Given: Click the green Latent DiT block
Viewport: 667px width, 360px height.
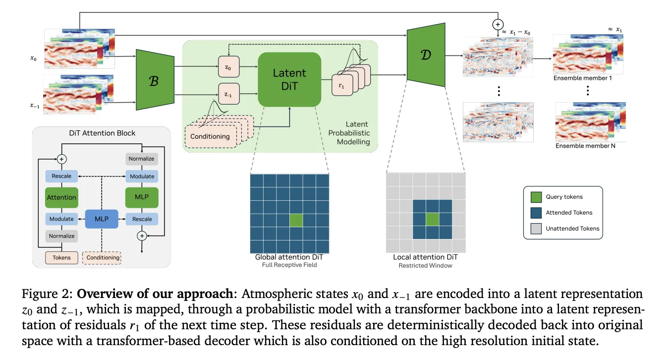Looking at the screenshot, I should [x=289, y=79].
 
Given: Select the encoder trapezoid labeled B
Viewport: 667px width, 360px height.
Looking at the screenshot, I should [x=154, y=79].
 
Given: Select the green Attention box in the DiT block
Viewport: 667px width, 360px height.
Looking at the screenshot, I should [x=61, y=197].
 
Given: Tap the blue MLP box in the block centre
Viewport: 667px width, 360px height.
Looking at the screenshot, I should [x=102, y=219].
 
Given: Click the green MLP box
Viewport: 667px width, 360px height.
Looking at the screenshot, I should [x=142, y=197].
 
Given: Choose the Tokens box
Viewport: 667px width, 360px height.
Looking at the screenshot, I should [x=61, y=257].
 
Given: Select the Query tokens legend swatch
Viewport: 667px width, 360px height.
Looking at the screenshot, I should [x=536, y=197].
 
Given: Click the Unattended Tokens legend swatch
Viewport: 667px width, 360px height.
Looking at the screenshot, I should [x=536, y=229].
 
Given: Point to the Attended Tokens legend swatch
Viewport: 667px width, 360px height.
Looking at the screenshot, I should [x=536, y=213].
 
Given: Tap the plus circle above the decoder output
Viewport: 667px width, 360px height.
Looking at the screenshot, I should [x=497, y=24].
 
